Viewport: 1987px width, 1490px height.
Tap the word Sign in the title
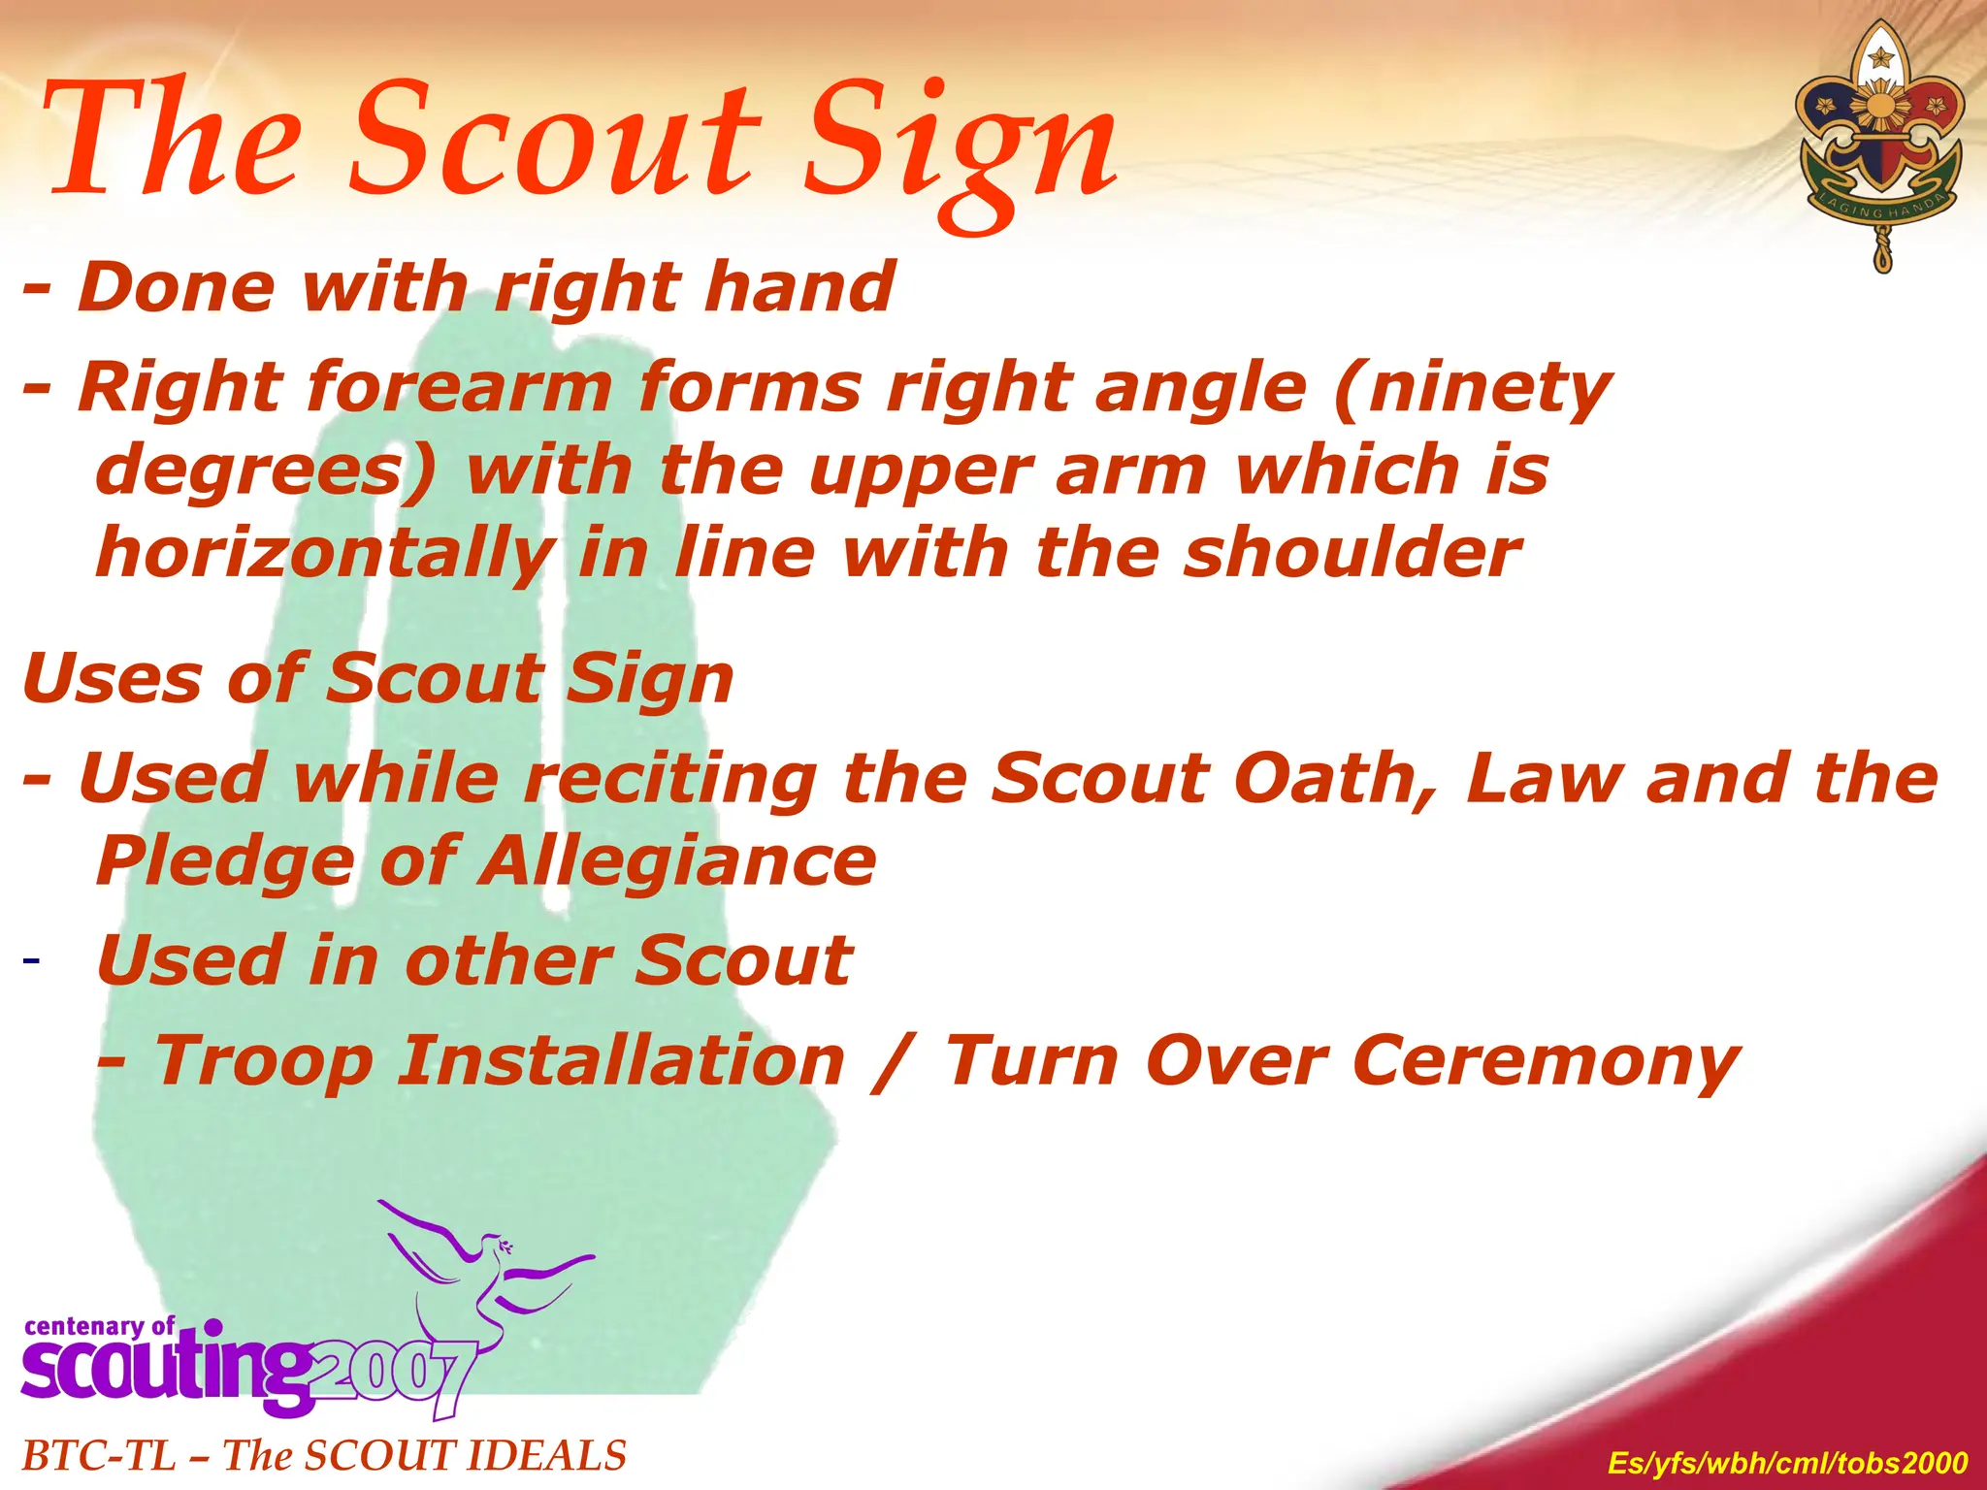961,146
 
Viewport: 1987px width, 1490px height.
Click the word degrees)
266,471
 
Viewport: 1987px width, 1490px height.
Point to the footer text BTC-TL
98,1456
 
